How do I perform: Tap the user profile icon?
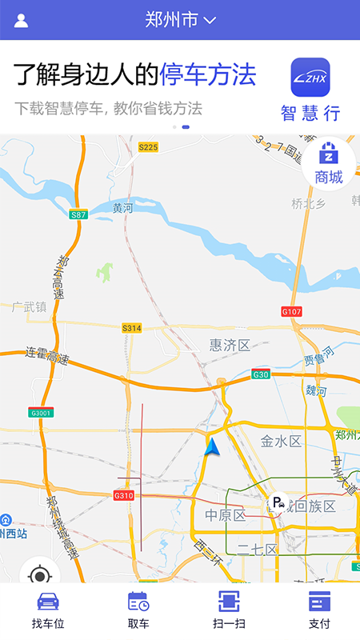(21, 21)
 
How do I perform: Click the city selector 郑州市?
(180, 20)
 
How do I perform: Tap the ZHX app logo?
(310, 78)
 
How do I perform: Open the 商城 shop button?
(328, 163)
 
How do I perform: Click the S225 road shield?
(148, 147)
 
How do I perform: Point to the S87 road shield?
(78, 215)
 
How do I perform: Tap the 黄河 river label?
(122, 208)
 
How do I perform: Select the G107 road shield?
(292, 311)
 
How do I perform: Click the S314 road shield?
(131, 328)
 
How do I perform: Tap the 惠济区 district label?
(230, 345)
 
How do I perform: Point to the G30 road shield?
(261, 374)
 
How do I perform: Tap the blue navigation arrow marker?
(211, 448)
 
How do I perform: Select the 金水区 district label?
(280, 441)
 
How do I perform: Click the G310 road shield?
(123, 496)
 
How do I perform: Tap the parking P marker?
(277, 503)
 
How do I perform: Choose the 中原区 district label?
(225, 515)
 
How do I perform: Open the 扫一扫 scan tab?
(229, 611)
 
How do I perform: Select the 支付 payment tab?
(319, 611)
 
